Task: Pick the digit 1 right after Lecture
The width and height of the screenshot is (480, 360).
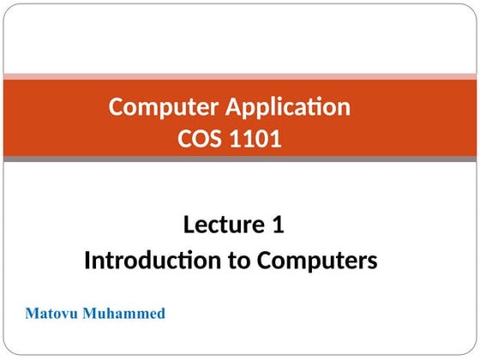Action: [277, 225]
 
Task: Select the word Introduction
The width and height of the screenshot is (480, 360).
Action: [151, 260]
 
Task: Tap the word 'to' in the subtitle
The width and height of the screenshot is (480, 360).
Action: [237, 260]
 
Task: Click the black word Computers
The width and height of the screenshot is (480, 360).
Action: [318, 260]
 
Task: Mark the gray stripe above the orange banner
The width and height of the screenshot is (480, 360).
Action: [240, 75]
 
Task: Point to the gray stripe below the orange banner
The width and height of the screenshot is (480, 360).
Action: [240, 159]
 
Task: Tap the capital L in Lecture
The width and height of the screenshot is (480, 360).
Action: [189, 225]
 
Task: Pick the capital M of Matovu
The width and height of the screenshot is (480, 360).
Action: [32, 314]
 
